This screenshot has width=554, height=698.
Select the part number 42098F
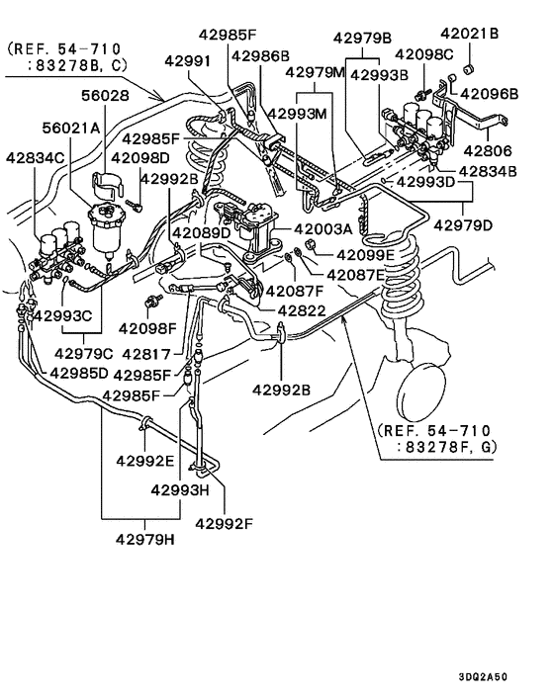pos(149,326)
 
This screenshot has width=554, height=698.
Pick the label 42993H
pos(181,488)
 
